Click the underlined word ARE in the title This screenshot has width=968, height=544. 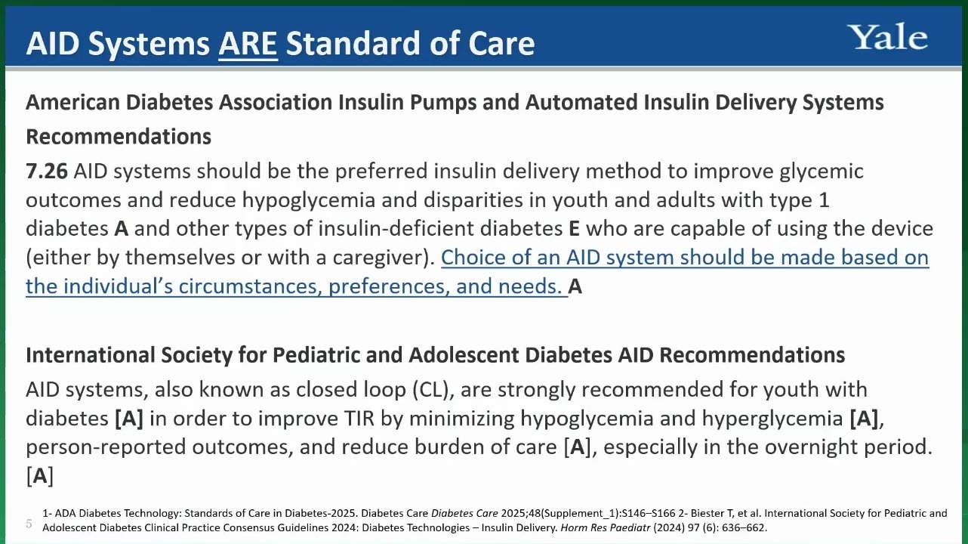[248, 44]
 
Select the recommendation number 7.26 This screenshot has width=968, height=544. [47, 172]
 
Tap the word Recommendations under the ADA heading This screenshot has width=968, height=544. [119, 137]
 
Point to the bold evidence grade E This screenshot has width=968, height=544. [574, 229]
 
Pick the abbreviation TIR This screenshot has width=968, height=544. [359, 419]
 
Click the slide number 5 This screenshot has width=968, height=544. [29, 524]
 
